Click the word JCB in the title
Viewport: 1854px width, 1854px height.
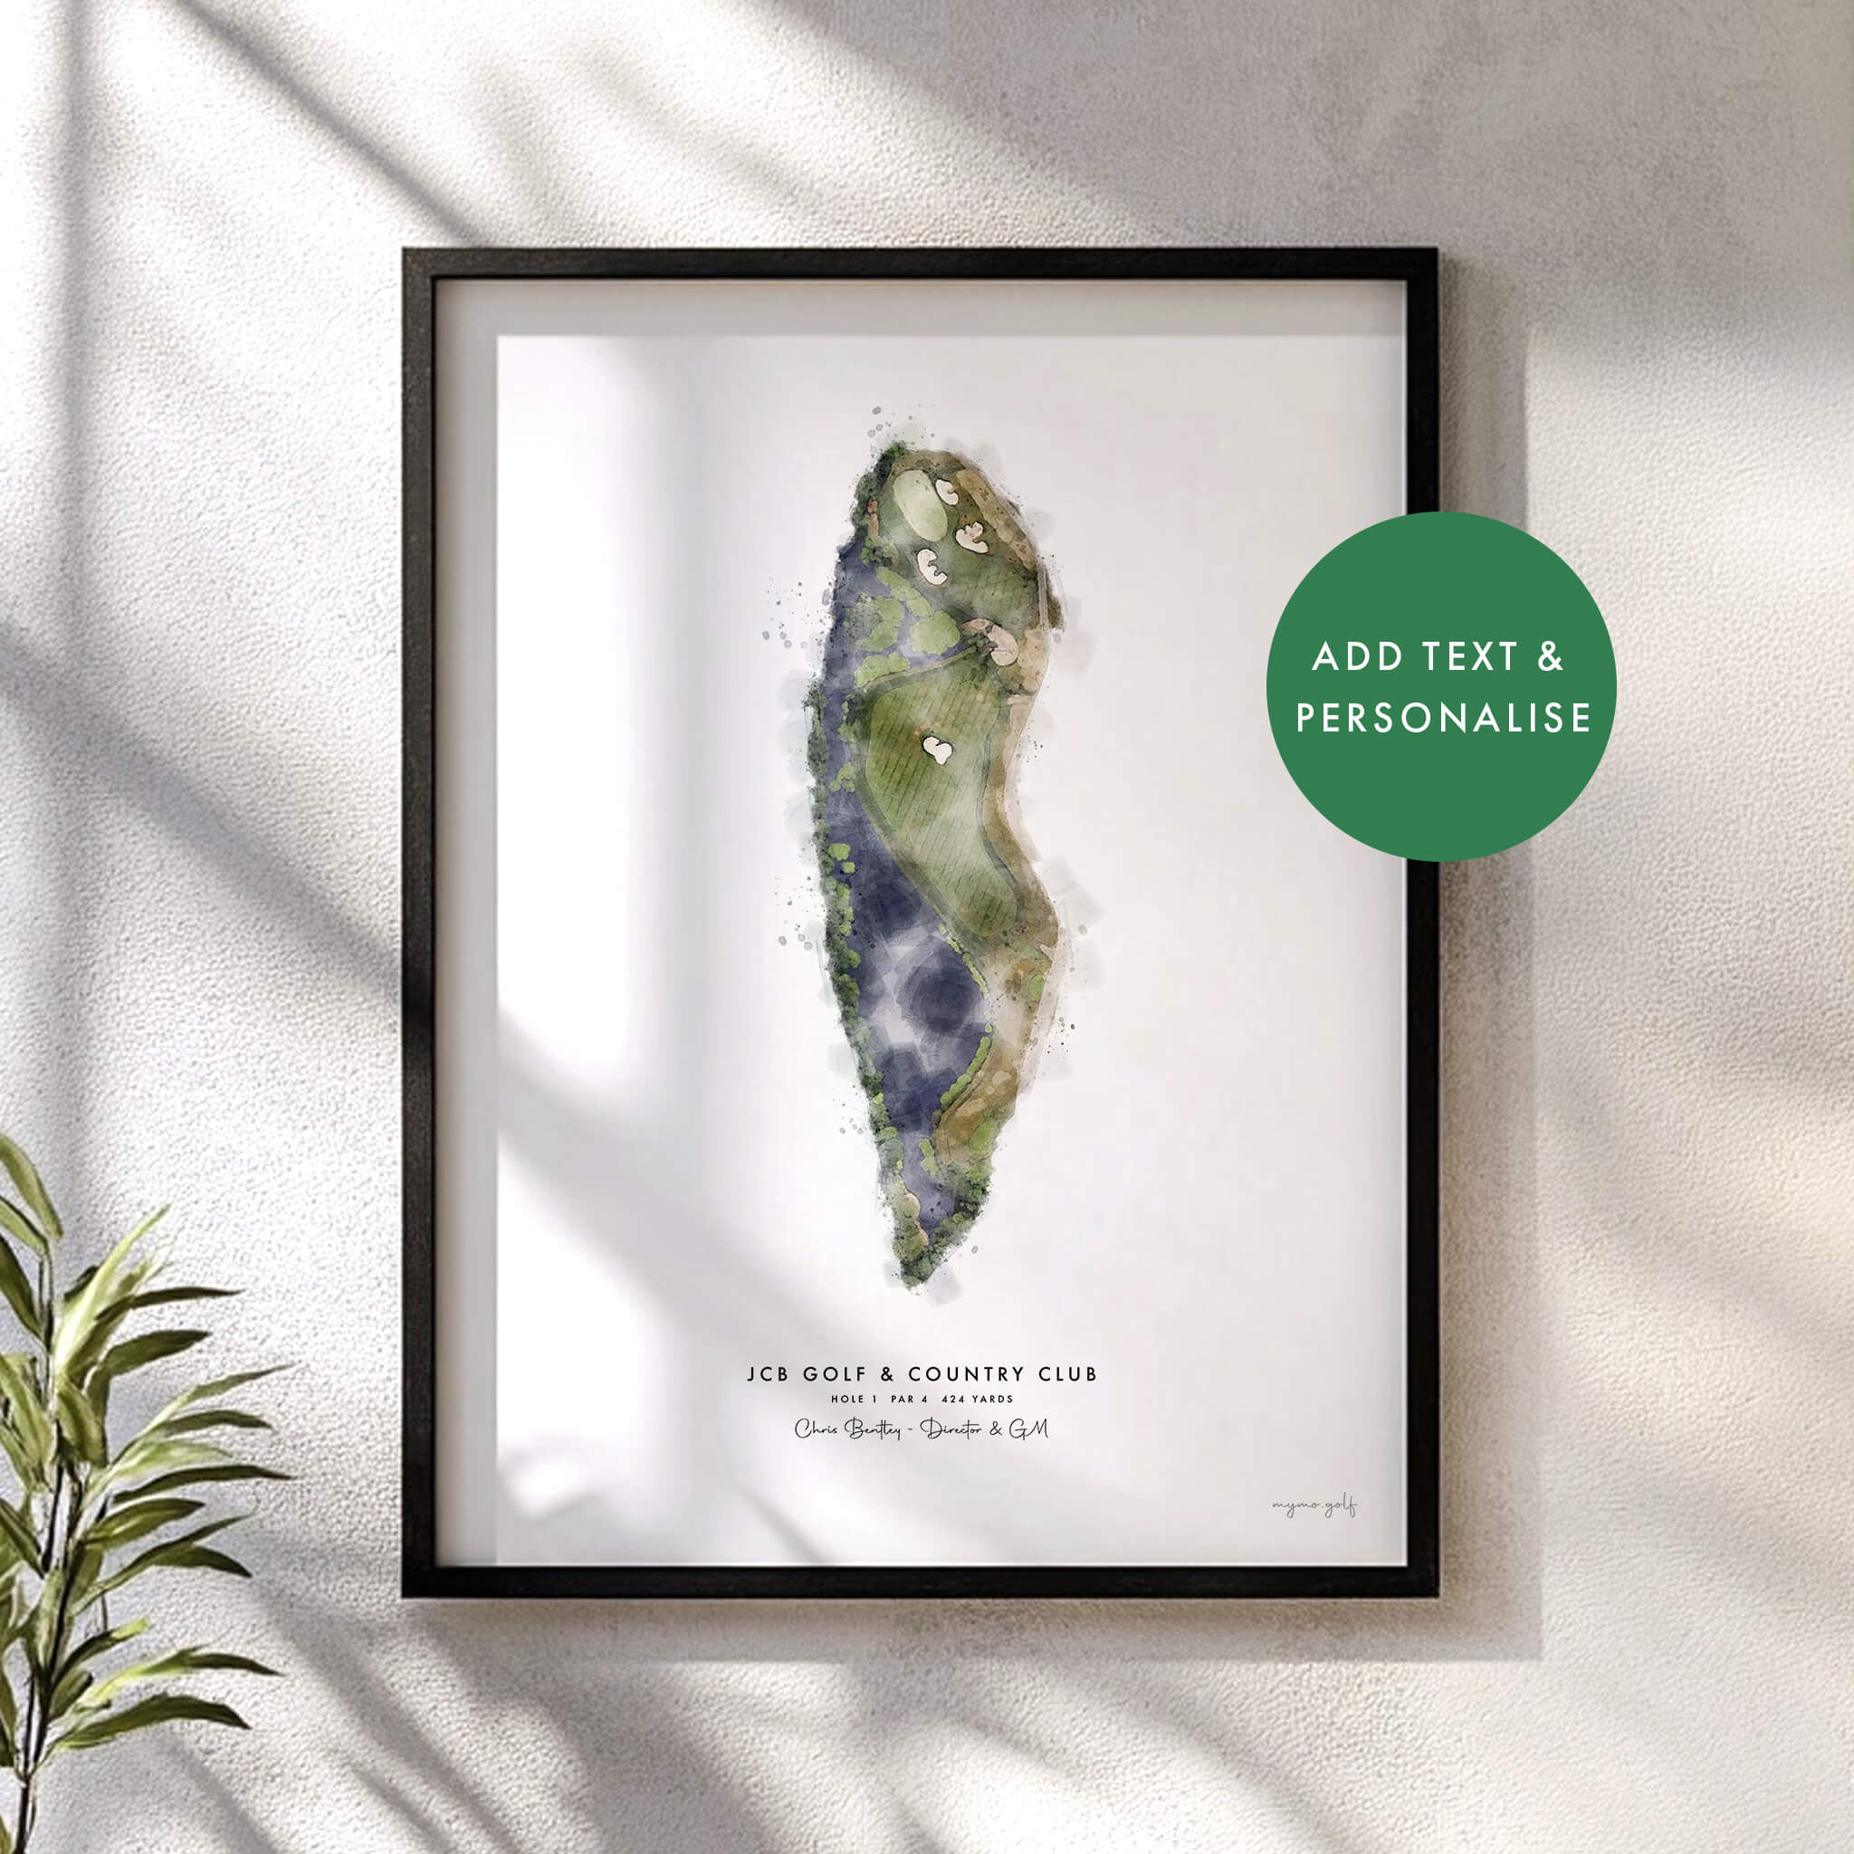pyautogui.click(x=768, y=1374)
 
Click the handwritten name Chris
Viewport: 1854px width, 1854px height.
pyautogui.click(x=816, y=1429)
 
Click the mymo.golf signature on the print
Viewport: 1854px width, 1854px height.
pyautogui.click(x=1314, y=1507)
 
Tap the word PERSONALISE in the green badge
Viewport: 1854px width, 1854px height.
pyautogui.click(x=1443, y=719)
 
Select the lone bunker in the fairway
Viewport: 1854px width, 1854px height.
pyautogui.click(x=937, y=749)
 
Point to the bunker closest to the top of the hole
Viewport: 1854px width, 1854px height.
pyautogui.click(x=946, y=492)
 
